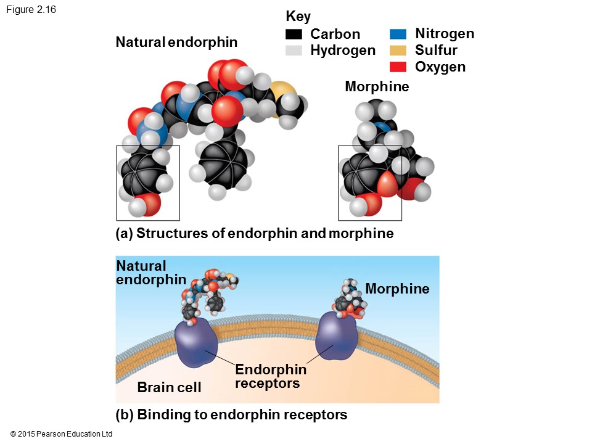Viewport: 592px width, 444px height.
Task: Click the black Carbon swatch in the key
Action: (294, 34)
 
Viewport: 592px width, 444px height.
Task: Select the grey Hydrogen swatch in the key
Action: (294, 51)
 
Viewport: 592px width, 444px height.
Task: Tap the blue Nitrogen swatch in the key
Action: (398, 34)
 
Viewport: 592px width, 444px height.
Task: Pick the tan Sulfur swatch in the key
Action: (398, 51)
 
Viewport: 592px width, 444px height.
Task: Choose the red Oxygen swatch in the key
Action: (398, 67)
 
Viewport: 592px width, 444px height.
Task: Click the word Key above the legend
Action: (298, 17)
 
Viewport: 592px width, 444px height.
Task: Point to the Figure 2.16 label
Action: (31, 9)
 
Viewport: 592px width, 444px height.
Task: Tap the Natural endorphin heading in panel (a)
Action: (176, 43)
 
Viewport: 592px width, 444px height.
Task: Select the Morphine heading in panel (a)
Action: (377, 87)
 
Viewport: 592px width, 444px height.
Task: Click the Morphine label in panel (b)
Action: (397, 289)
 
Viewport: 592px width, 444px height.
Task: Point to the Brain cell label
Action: (169, 387)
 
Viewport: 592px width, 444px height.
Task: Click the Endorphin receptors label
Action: (270, 376)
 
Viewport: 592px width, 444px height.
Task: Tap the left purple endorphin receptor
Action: (196, 343)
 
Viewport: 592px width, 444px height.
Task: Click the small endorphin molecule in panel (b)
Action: (207, 293)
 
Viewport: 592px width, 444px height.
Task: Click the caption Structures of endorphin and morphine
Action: (254, 234)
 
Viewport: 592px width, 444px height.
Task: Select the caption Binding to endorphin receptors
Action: (231, 414)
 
